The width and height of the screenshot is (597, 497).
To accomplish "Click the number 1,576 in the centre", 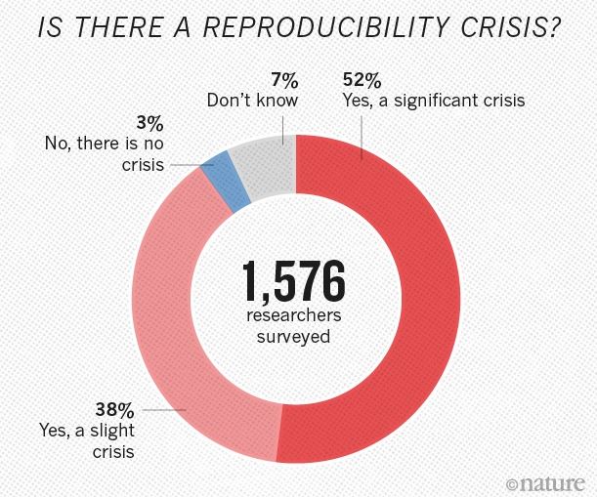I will pos(289,282).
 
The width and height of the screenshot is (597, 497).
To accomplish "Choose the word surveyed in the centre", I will pos(289,338).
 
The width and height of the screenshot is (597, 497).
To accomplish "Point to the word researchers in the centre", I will pos(289,318).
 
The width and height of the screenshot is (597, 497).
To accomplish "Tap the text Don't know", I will pos(252,100).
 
